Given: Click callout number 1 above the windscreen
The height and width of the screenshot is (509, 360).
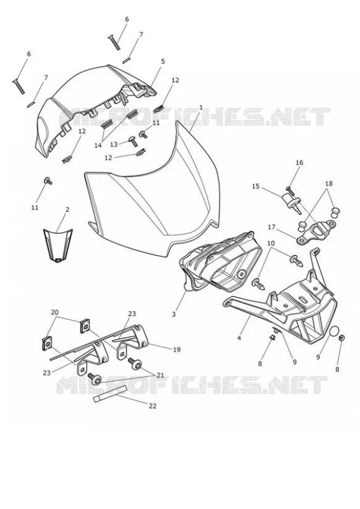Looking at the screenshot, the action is (x=201, y=108).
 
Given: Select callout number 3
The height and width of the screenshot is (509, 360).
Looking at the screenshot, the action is (x=174, y=314).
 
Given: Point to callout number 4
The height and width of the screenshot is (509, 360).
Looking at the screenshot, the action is (x=239, y=338).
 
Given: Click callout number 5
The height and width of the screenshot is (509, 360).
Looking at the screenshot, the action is (x=163, y=61).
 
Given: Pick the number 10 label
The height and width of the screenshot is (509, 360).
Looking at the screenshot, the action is (x=271, y=243).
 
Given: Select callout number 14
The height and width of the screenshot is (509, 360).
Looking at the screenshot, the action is (x=98, y=146).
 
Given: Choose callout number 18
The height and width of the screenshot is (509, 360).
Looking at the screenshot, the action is (x=329, y=183).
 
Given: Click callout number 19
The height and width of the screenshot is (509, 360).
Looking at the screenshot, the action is (x=177, y=349).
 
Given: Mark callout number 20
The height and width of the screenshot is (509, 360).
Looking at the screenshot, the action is (x=55, y=312).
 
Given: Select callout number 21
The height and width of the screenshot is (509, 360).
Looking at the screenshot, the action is (x=160, y=375).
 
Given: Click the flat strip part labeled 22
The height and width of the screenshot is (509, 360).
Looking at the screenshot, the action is (x=110, y=394).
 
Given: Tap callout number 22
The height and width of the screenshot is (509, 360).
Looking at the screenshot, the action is (x=152, y=406).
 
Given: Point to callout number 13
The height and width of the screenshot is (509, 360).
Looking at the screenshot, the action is (x=114, y=144).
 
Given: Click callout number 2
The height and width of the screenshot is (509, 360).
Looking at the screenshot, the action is (x=67, y=210).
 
